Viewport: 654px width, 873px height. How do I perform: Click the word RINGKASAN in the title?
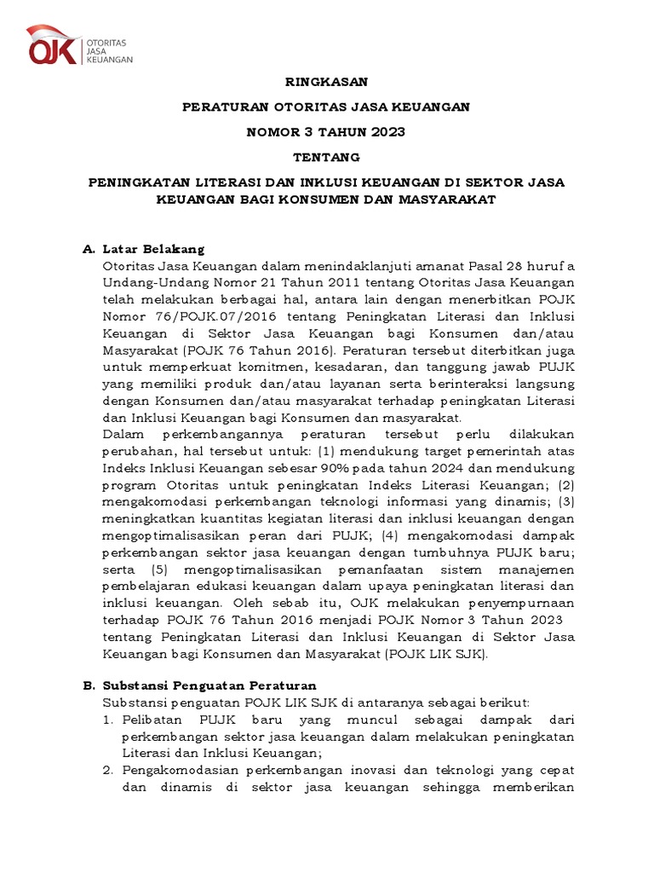326,82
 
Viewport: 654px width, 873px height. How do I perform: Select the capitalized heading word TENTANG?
326,157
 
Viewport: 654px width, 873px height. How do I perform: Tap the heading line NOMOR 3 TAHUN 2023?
326,132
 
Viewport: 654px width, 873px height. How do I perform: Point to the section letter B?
87,685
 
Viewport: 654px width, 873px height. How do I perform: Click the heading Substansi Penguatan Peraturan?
209,685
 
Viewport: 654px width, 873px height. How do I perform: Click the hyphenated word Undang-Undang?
146,282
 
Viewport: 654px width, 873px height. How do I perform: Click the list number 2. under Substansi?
108,770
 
